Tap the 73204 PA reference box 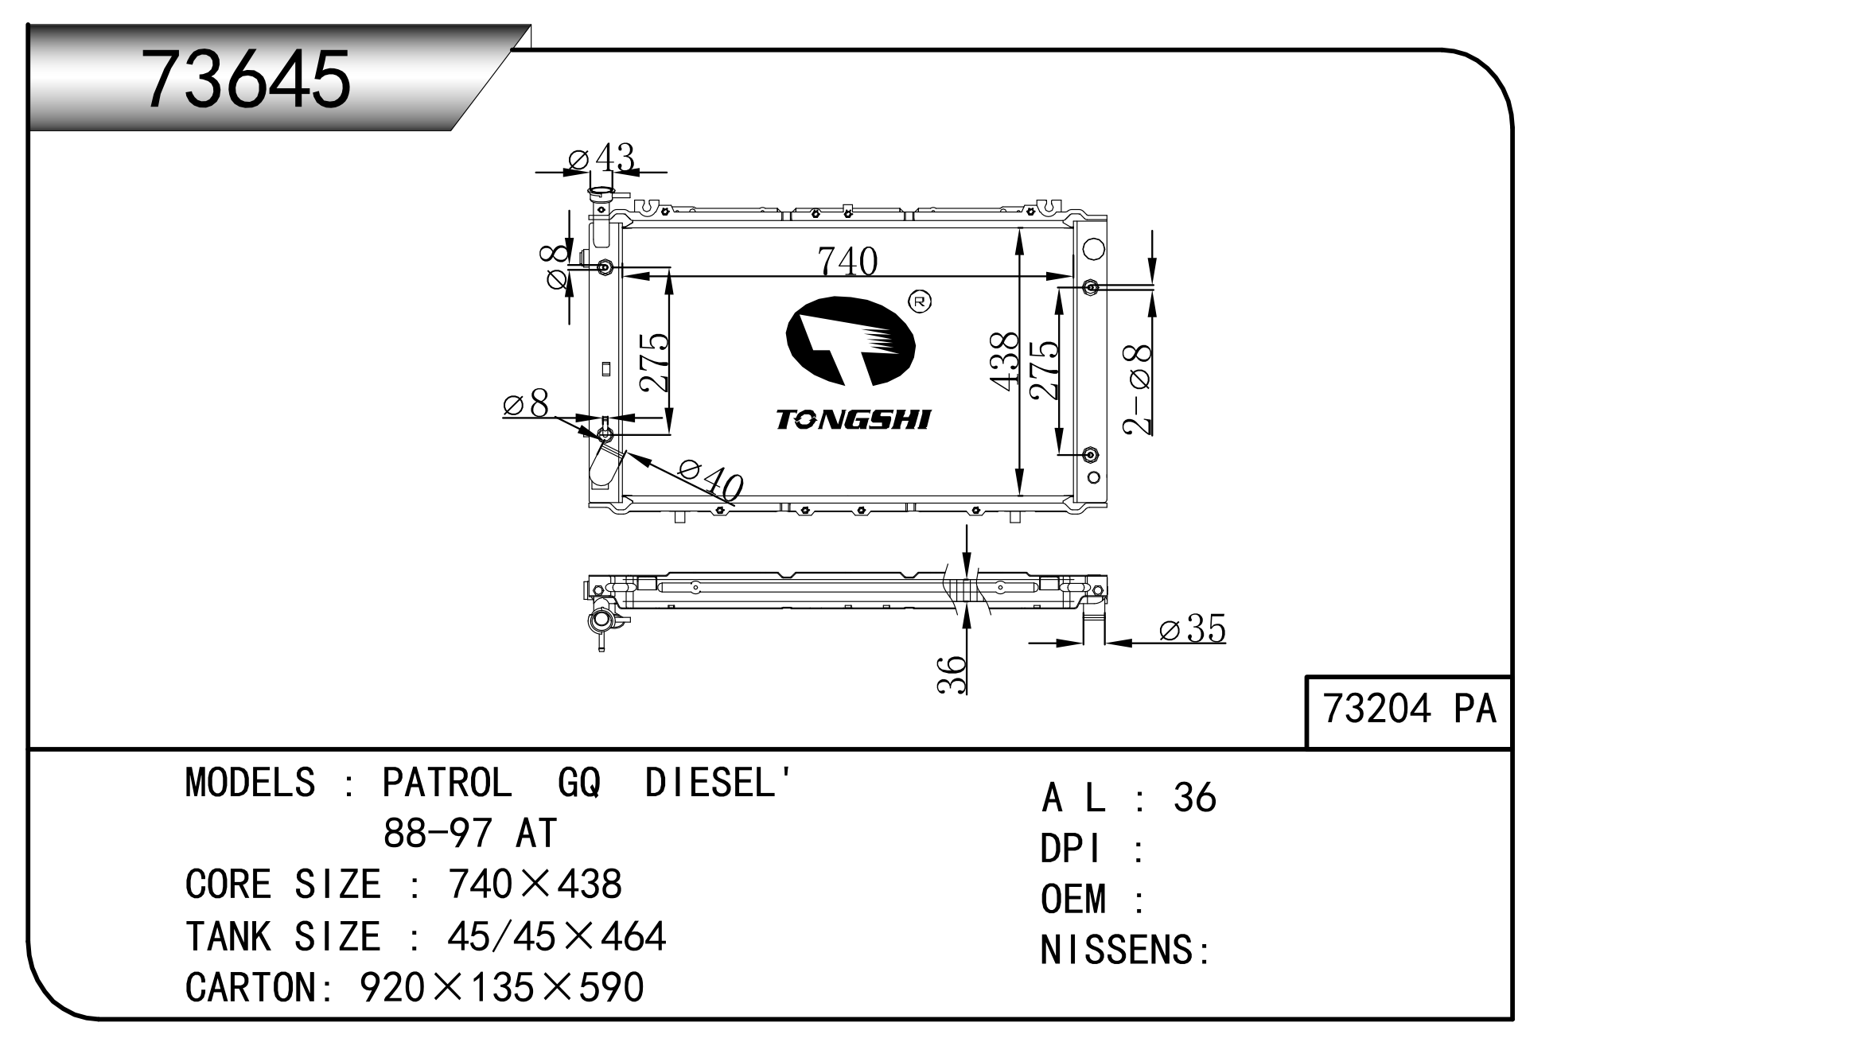(x=1409, y=712)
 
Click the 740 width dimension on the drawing (x=847, y=260)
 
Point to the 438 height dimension (x=1005, y=361)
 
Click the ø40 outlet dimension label (x=710, y=479)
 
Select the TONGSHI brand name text (x=852, y=419)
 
